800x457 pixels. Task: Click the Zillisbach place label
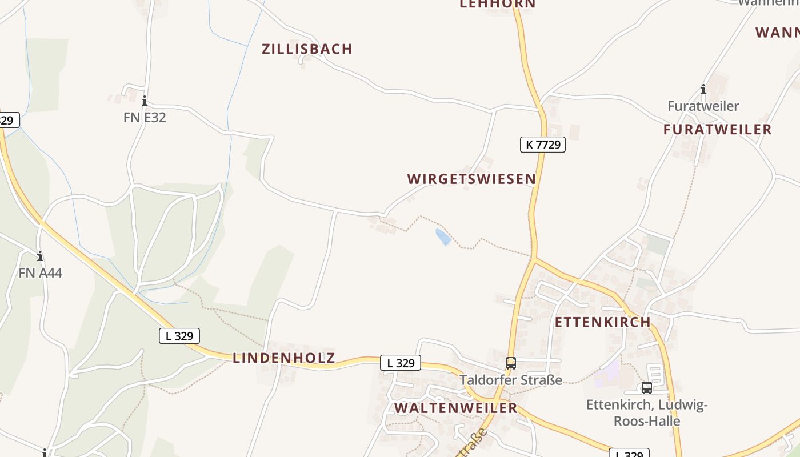[307, 49]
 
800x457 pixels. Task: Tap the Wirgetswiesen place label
[471, 179]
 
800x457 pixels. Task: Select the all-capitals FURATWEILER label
[717, 130]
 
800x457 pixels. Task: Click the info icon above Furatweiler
[703, 89]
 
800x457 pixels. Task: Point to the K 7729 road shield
[542, 145]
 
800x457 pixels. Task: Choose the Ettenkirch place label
[603, 322]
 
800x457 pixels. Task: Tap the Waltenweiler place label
[456, 408]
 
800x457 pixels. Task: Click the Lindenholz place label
[284, 358]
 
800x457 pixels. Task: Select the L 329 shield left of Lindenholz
[179, 336]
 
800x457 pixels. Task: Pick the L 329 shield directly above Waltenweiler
[401, 363]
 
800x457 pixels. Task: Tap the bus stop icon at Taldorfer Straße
[511, 363]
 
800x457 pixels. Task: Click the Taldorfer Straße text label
[511, 380]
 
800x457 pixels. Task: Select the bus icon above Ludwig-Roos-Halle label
[647, 388]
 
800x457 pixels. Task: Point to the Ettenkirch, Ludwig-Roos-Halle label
[647, 413]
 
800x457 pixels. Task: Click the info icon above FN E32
[145, 101]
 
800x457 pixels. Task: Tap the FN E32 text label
[145, 118]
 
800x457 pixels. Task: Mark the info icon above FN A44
[40, 256]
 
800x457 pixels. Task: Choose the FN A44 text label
[40, 273]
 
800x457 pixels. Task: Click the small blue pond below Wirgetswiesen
[443, 237]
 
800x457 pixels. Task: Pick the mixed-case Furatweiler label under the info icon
[703, 106]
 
